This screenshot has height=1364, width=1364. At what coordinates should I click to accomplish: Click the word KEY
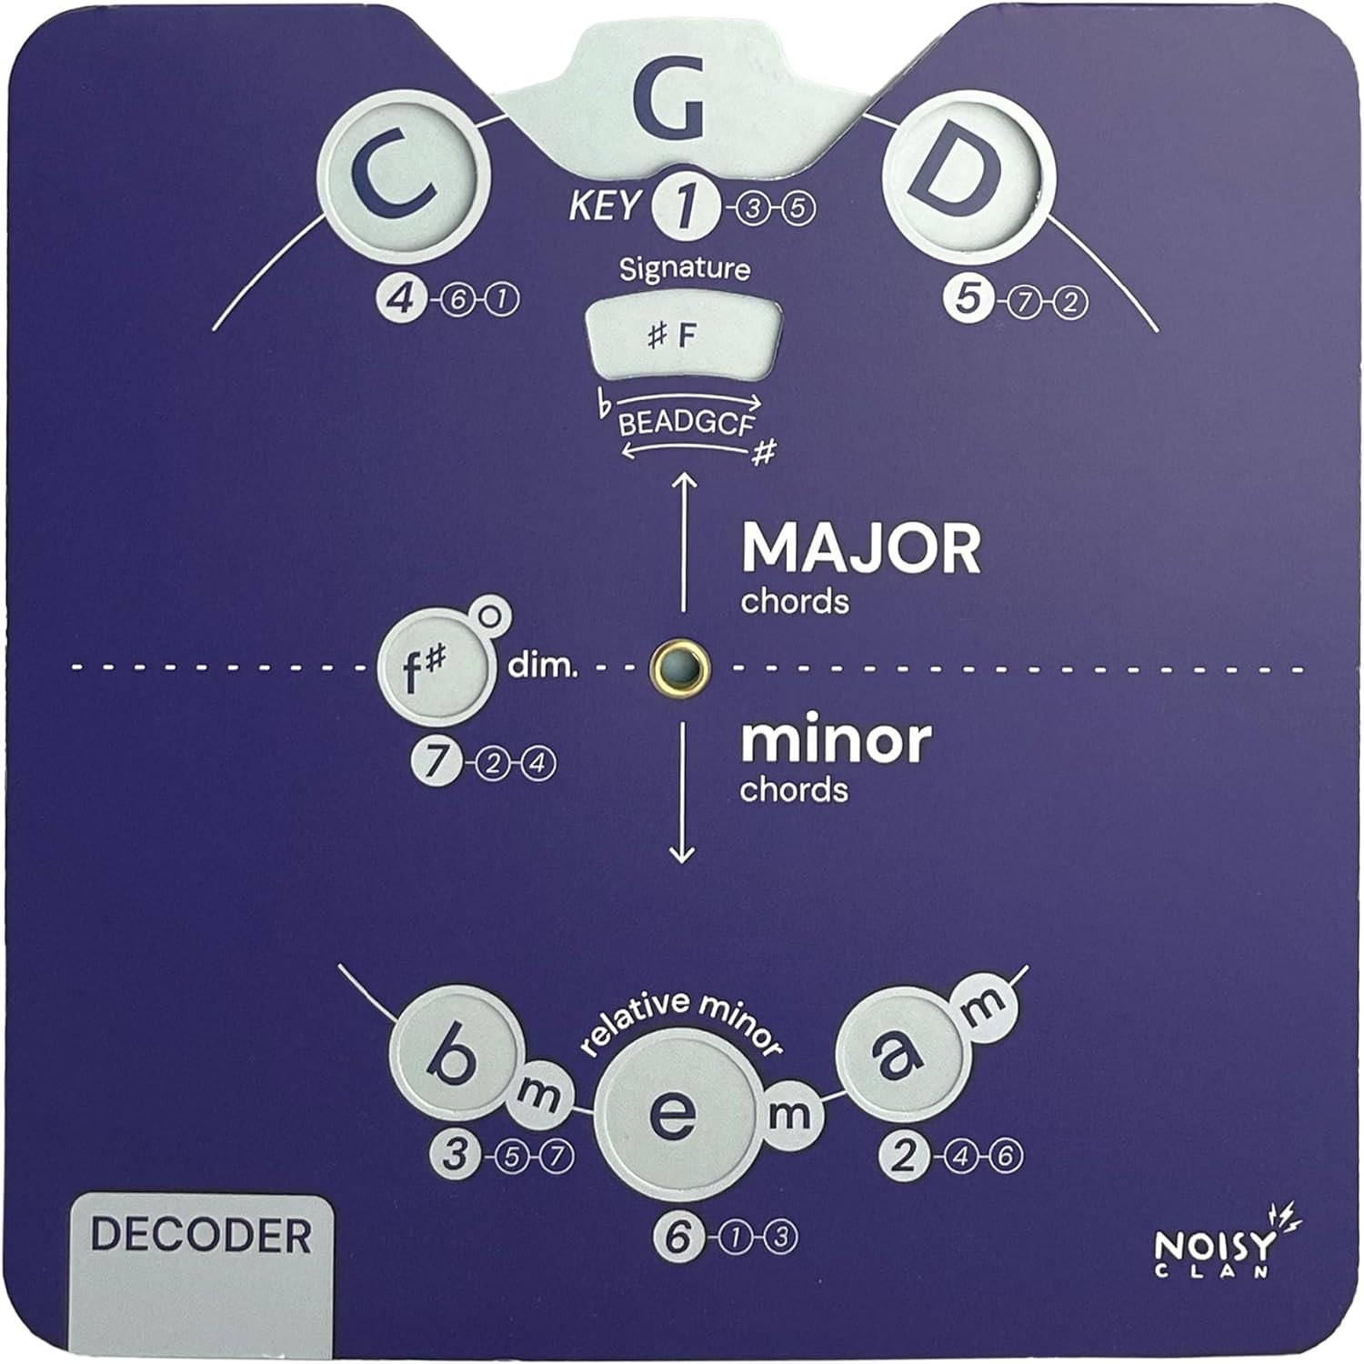coord(604,206)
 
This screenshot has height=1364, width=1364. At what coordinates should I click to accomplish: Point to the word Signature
coord(685,269)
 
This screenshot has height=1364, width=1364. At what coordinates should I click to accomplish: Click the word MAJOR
coord(861,548)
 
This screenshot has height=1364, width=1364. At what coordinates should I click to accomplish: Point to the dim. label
coord(542,667)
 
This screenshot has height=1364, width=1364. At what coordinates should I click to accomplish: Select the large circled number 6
coord(677,1237)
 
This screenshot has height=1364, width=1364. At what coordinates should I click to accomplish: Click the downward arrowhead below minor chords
coord(682,855)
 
